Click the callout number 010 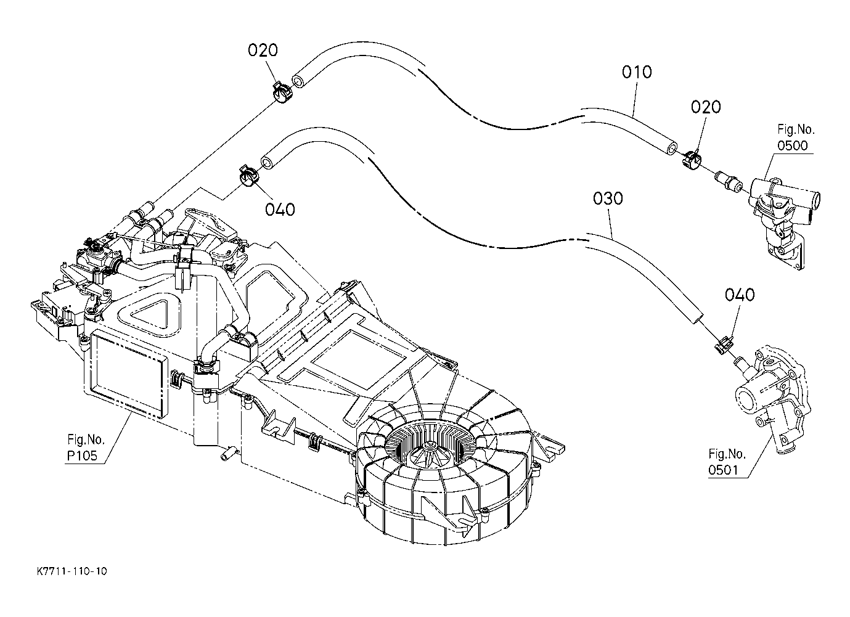coord(637,72)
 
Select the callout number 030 coord(608,199)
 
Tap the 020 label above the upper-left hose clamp coord(263,51)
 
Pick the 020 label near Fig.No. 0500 coord(706,107)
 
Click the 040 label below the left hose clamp coord(280,210)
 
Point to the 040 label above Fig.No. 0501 coord(740,295)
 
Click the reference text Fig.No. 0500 coord(796,137)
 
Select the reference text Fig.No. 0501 coord(727,462)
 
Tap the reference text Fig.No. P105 coord(86,447)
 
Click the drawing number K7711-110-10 coord(72,571)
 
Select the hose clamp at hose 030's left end coord(248,176)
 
